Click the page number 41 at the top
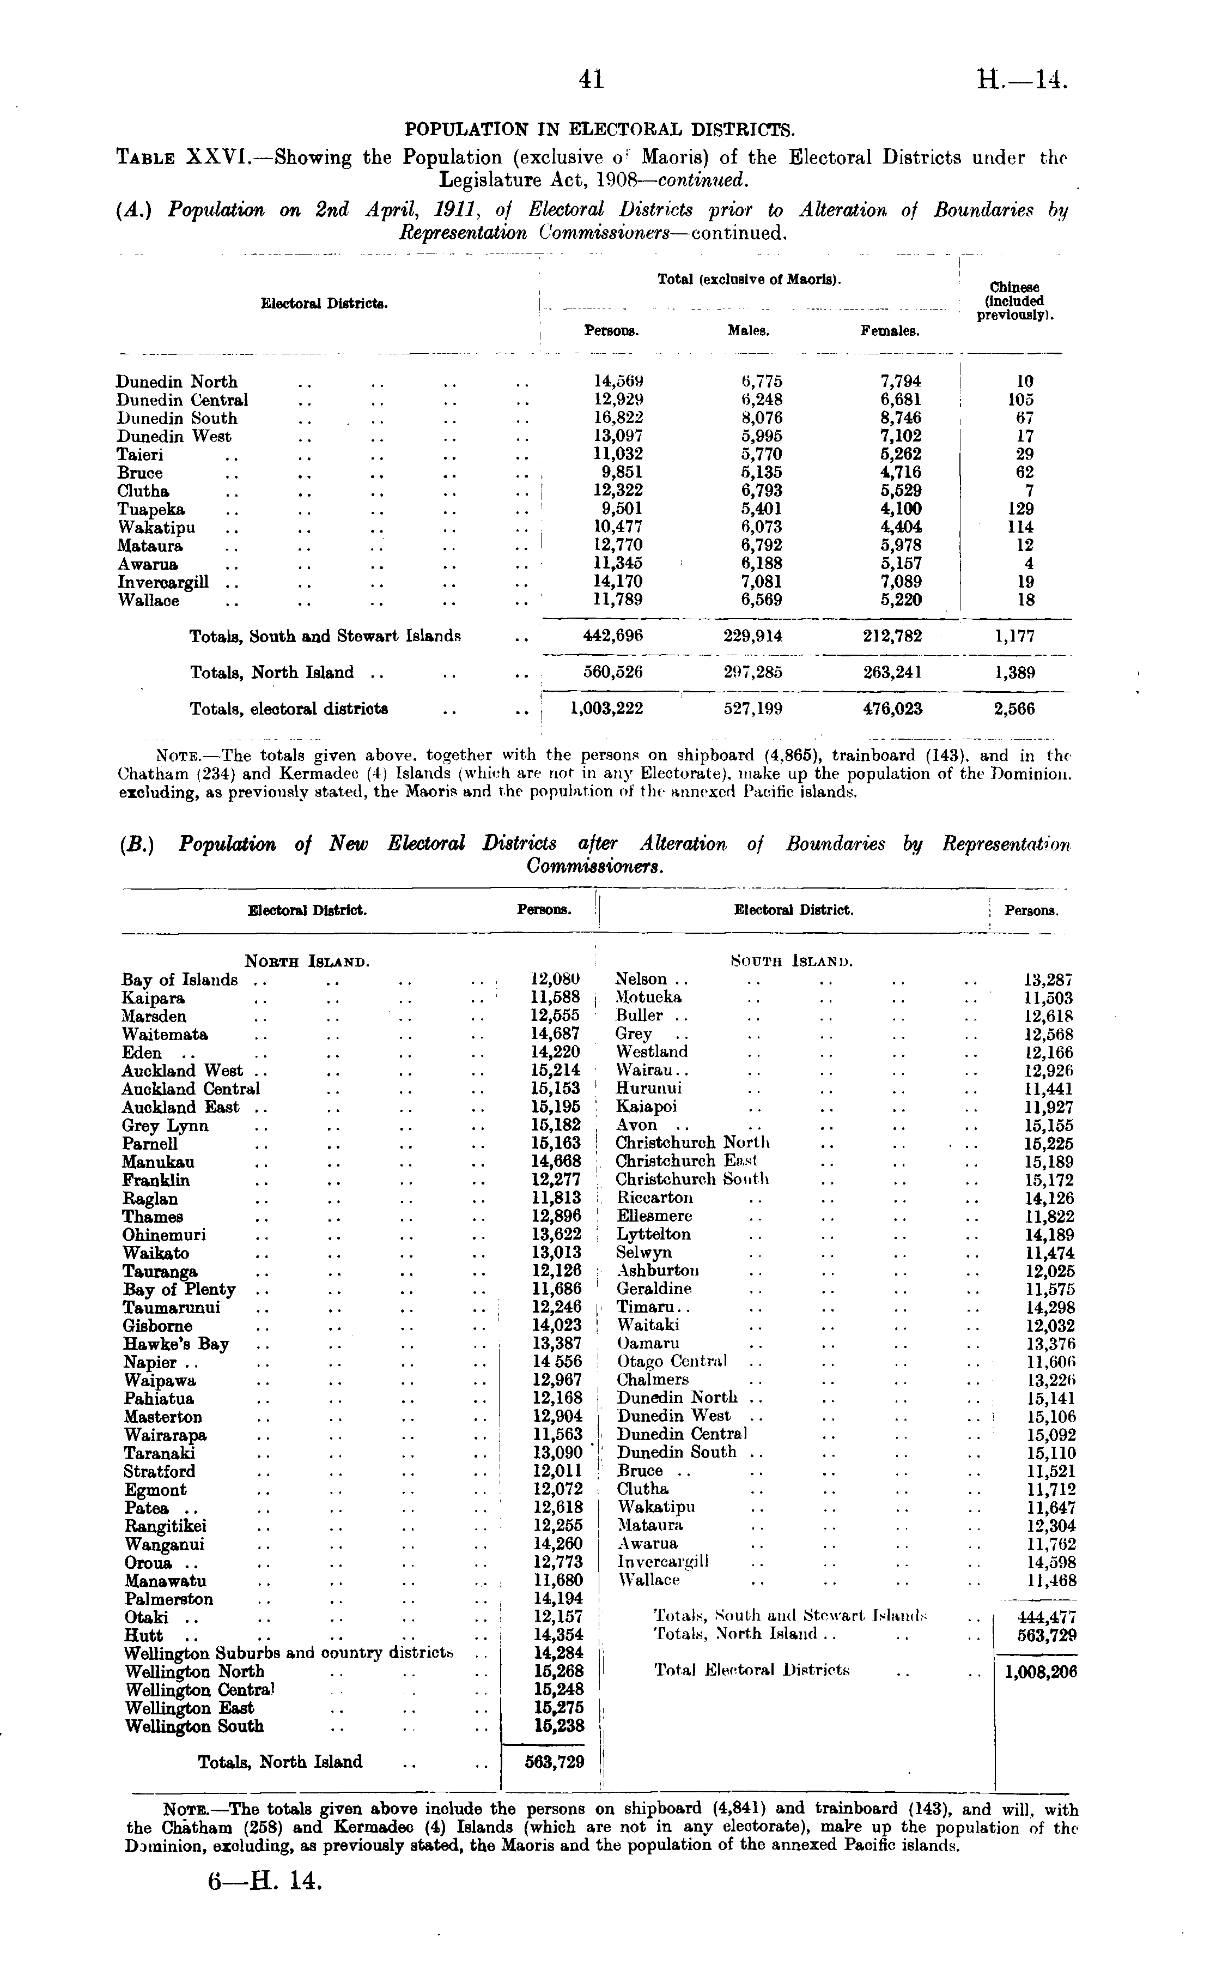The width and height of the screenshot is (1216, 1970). point(591,79)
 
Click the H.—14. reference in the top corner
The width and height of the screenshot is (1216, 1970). point(1022,80)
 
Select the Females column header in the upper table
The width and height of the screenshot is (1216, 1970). point(890,331)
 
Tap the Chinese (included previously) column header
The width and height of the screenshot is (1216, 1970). point(1015,301)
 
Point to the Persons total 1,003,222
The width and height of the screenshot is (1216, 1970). point(606,709)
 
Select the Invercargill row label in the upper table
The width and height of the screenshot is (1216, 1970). point(163,582)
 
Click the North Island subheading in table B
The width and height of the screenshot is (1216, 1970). point(307,962)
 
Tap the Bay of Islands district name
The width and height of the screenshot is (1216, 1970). point(179,980)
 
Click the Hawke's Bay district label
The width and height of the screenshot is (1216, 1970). point(176,1344)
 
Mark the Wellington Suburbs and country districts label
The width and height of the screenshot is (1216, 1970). point(289,1653)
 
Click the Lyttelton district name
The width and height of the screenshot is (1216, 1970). point(653,1234)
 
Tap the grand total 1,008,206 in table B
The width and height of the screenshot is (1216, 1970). point(1041,1672)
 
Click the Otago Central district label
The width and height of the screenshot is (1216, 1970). point(672,1362)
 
